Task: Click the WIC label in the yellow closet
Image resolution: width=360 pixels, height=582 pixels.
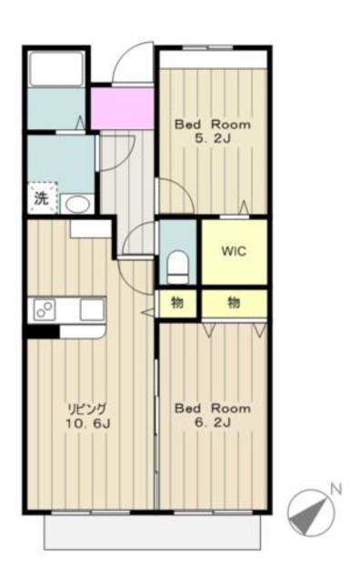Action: pos(234,251)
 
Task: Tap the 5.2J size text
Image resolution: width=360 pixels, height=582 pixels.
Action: pos(213,139)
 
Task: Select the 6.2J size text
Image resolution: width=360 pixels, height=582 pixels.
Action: pos(213,422)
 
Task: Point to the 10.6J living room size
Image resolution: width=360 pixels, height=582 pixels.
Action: pos(87,424)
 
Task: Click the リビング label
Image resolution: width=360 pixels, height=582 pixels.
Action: pos(87,408)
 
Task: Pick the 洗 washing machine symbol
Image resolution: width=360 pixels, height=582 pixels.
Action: pos(42,198)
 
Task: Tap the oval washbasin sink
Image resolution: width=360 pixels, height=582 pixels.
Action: pos(78,205)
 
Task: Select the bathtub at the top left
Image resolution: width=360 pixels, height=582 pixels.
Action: pos(56,69)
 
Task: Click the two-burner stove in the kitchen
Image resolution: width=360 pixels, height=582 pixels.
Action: pos(45,310)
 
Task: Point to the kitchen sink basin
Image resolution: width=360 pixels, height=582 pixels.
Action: pos(92,309)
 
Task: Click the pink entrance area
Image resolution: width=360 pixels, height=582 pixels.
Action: pos(123,108)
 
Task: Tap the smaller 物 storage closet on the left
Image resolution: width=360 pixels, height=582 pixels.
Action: pos(177,303)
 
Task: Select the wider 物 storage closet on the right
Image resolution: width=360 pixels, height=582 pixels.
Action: pos(235,303)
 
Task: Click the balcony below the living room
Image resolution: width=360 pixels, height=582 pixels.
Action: pos(152,531)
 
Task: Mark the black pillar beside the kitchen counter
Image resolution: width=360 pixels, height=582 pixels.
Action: pos(43,331)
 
